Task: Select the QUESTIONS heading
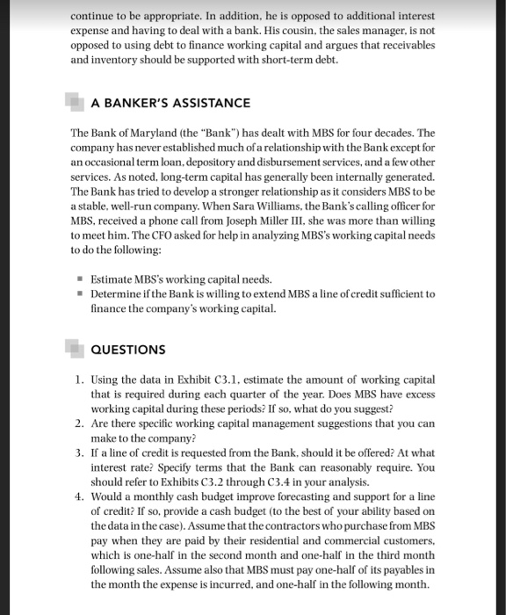128,350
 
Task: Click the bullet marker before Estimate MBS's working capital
80,280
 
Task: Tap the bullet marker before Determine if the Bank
80,294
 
